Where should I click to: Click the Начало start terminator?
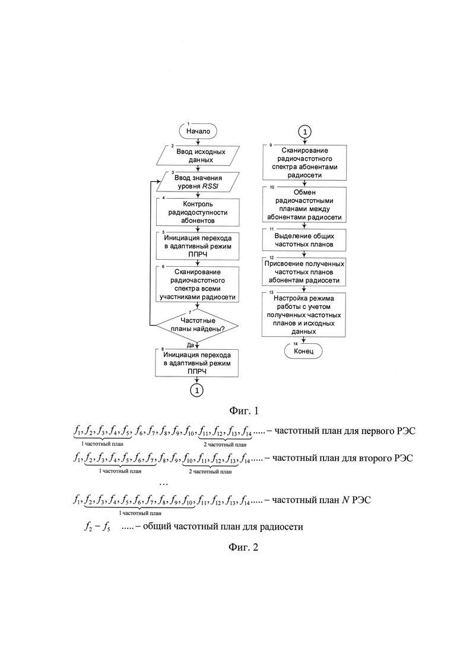(198, 132)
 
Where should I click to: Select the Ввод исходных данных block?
(198, 155)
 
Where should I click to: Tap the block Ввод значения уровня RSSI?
(198, 182)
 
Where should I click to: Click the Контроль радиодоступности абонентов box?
(198, 212)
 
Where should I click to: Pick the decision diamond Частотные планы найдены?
(196, 325)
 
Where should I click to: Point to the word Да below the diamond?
(191, 345)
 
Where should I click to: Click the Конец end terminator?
(303, 351)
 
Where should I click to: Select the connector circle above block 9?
(305, 132)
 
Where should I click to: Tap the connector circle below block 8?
(196, 390)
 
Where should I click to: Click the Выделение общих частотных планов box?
(305, 240)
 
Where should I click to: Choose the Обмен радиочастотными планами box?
(305, 205)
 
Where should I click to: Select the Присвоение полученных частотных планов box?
(305, 272)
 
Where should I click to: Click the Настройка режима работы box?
(304, 315)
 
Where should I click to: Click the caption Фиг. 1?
(244, 411)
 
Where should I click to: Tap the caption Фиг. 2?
(243, 547)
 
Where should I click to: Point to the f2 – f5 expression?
(97, 527)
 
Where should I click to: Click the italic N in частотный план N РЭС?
(345, 500)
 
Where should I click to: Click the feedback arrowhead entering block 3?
(159, 181)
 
